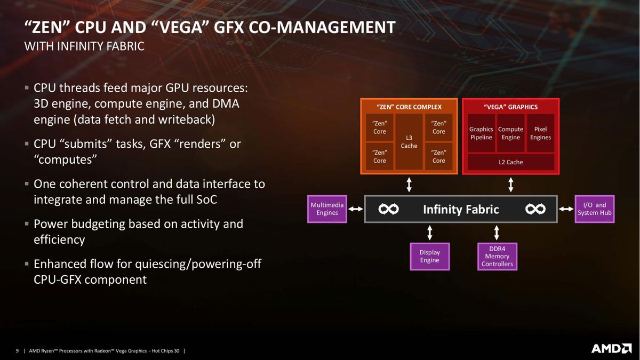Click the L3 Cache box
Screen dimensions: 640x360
[409, 142]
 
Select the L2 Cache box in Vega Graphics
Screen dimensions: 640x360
[511, 162]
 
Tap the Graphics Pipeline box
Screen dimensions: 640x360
[481, 133]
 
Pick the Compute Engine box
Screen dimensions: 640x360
[510, 133]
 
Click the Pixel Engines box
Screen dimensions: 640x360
[540, 133]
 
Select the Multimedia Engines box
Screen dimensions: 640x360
[327, 209]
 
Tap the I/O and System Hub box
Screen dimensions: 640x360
[595, 209]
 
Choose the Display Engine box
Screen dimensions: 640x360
[430, 257]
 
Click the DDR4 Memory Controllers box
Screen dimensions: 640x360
[497, 257]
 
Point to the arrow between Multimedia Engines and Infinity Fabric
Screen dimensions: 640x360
[356, 209]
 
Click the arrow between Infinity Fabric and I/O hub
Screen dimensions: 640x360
[566, 209]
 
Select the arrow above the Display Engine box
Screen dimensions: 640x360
[430, 233]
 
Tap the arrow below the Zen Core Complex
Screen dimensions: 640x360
[409, 185]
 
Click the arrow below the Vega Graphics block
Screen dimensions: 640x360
[511, 185]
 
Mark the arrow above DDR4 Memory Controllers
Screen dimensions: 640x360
[497, 233]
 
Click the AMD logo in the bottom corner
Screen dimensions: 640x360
[611, 349]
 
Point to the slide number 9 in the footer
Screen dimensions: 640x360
[17, 350]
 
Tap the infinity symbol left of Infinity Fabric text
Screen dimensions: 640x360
[389, 209]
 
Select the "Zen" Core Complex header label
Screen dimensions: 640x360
[409, 107]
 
